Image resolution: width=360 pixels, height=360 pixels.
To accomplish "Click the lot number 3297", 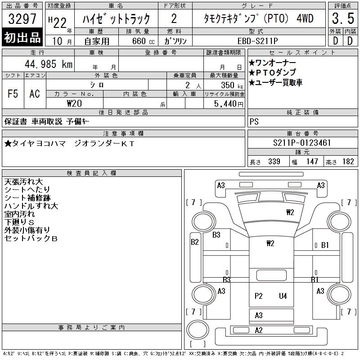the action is (x=22, y=20).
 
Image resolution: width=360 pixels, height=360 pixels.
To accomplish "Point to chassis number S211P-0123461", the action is (x=302, y=143).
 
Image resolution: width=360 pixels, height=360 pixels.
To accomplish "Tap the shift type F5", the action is (x=13, y=94).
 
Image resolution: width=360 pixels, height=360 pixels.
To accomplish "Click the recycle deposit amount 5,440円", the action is (x=229, y=103).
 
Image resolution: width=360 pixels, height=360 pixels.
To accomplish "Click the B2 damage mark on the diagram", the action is (x=195, y=242).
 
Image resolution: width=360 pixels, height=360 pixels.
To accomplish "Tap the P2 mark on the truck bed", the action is (x=258, y=296).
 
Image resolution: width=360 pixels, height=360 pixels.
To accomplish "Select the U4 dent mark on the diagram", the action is (x=283, y=296).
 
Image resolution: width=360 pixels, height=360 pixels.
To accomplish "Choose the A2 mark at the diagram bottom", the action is (x=259, y=330).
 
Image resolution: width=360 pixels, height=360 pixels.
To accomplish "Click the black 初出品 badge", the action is (x=22, y=38).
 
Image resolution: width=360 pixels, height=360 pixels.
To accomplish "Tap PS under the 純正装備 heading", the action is (x=254, y=121).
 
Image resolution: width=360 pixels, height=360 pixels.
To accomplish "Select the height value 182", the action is (x=348, y=162).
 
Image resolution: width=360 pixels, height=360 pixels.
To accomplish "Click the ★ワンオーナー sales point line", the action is (x=272, y=63).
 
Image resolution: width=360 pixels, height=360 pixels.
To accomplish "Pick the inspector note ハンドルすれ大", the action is (x=31, y=206).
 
